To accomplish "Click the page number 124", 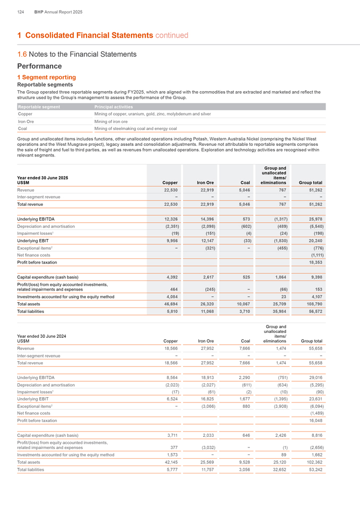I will pos(21,11).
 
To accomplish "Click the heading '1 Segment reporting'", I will pos(47,77).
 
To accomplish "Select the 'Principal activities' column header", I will pos(113,107).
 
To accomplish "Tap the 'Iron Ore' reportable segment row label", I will pos(26,121).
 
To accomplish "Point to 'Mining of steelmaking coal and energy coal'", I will pos(135,128).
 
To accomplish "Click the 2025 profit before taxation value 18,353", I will pos(312,262).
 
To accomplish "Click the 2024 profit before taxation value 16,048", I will pos(312,420).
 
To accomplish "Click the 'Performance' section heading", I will pos(40,66).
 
